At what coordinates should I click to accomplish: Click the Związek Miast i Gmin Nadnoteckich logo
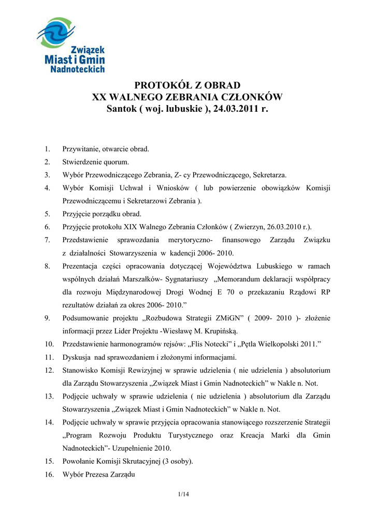pos(71,45)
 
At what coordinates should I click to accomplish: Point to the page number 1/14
pos(183,495)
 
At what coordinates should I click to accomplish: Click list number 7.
pos(47,240)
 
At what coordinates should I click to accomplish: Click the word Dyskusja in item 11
pos(77,357)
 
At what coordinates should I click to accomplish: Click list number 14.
pos(49,422)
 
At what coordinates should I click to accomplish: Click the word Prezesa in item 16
pos(104,475)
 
